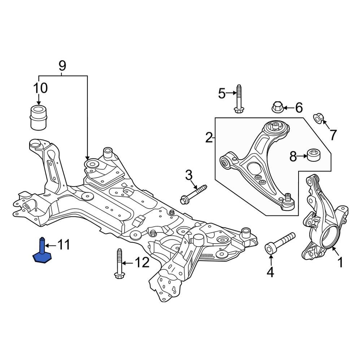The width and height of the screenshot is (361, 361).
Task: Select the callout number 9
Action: [x=62, y=66]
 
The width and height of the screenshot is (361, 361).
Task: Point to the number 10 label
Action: [x=40, y=88]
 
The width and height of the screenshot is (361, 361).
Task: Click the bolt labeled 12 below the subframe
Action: [x=118, y=264]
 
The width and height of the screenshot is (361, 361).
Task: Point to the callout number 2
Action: [x=209, y=138]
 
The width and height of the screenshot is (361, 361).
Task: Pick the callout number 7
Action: [x=332, y=135]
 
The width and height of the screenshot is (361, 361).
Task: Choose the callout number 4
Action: [x=270, y=272]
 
